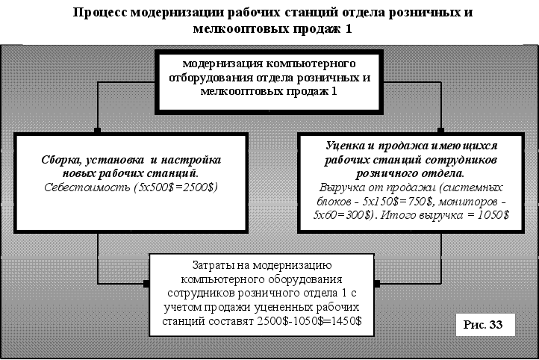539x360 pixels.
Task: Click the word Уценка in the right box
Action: [348, 147]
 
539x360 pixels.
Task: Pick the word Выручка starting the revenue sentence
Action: [343, 187]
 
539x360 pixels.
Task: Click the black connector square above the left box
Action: [98, 131]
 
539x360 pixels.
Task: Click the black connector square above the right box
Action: [442, 131]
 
